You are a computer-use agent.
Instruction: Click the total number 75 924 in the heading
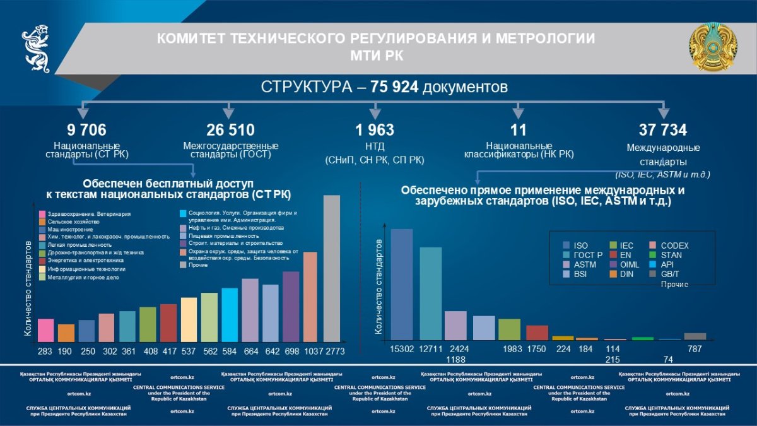pyautogui.click(x=394, y=86)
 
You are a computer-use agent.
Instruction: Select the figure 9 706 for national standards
pyautogui.click(x=86, y=130)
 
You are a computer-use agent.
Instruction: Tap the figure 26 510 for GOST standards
pyautogui.click(x=230, y=130)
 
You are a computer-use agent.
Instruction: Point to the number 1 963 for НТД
pyautogui.click(x=375, y=130)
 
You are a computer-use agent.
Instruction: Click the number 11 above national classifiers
pyautogui.click(x=519, y=130)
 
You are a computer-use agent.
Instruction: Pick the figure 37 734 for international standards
pyautogui.click(x=663, y=130)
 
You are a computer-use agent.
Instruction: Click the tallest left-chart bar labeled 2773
pyautogui.click(x=332, y=268)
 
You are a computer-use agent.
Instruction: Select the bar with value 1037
pyautogui.click(x=310, y=297)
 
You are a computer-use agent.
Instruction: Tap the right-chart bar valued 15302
pyautogui.click(x=402, y=285)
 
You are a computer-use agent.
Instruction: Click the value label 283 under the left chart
pyautogui.click(x=45, y=351)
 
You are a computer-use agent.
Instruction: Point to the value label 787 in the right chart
pyautogui.click(x=695, y=349)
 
